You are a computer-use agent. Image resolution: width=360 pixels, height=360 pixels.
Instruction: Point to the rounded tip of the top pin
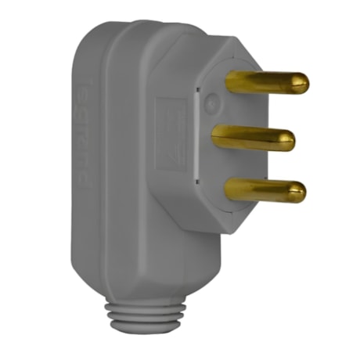[x=302, y=82]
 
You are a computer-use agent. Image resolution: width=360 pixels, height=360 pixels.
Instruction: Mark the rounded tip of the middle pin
[x=289, y=141]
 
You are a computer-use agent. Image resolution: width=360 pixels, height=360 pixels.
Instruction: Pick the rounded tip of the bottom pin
[x=299, y=189]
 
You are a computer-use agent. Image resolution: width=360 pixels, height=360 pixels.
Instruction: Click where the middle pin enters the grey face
[x=215, y=137]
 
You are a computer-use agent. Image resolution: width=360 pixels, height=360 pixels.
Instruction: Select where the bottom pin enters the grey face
[x=228, y=187]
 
